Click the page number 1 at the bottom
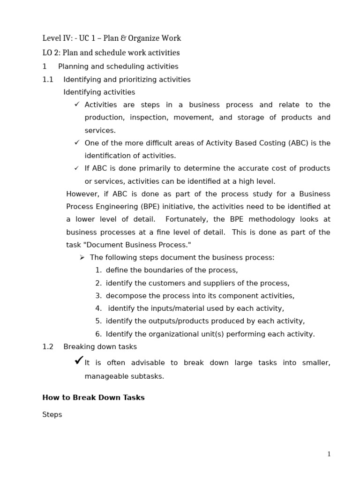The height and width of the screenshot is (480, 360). [x=329, y=454]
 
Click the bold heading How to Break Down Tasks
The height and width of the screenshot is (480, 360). [x=93, y=397]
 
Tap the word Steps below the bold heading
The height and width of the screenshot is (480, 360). [x=52, y=415]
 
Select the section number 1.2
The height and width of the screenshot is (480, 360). [x=48, y=347]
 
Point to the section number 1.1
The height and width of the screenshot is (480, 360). [x=48, y=80]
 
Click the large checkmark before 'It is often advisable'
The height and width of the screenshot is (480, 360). [x=79, y=360]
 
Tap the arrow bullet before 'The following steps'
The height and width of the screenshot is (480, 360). [x=82, y=257]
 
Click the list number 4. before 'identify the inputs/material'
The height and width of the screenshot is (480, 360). [x=98, y=308]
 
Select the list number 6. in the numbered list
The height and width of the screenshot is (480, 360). [x=98, y=334]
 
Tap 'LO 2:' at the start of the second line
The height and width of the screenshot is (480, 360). [x=51, y=53]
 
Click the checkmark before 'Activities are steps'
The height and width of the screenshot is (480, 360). [x=77, y=105]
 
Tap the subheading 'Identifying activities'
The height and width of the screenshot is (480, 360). [x=99, y=92]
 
